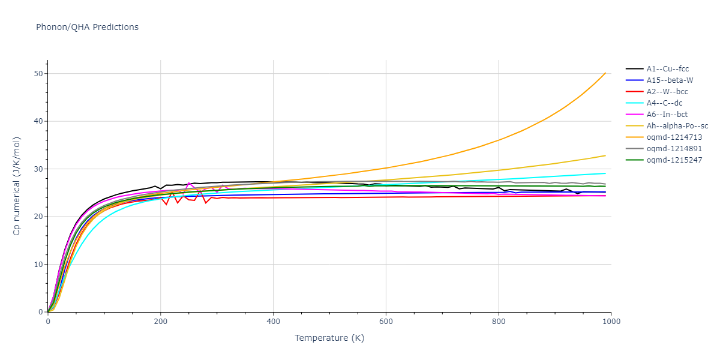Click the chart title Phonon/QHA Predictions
pyautogui.click(x=87, y=27)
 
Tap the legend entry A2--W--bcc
pyautogui.click(x=667, y=92)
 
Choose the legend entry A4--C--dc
pyautogui.click(x=665, y=103)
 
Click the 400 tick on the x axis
pyautogui.click(x=273, y=322)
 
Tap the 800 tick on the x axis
pyautogui.click(x=499, y=322)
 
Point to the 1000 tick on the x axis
pyautogui.click(x=611, y=322)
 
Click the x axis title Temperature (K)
pyautogui.click(x=329, y=338)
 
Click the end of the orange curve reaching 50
pyautogui.click(x=605, y=73)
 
